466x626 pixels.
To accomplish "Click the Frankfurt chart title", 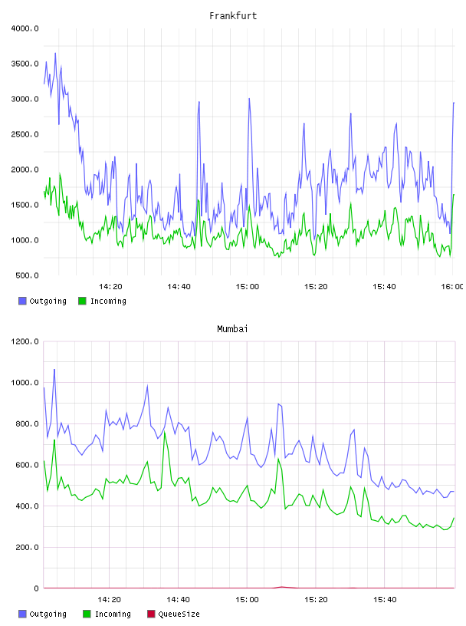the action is point(233,16).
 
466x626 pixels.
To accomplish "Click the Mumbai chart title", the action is point(232,329).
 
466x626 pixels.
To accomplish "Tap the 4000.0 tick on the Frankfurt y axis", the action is point(25,28).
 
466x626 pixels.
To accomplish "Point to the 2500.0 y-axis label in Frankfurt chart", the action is point(25,134).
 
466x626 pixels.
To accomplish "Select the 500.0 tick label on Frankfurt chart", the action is point(27,275).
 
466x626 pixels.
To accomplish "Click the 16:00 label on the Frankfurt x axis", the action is point(452,287).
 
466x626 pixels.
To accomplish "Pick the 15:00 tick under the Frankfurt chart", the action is point(248,287).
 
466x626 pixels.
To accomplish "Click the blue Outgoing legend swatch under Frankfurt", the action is point(22,301).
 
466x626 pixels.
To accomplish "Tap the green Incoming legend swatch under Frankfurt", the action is point(82,301).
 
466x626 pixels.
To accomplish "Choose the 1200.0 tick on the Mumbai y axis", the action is point(25,341).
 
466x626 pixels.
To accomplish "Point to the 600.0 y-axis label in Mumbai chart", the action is point(27,465).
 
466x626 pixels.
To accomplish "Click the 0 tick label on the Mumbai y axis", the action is point(36,588).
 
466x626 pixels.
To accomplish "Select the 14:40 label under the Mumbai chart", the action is point(178,600).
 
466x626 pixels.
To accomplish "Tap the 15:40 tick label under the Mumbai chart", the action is point(385,600).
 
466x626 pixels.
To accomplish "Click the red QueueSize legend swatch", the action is point(151,614).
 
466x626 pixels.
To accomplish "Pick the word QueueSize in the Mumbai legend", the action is point(179,614).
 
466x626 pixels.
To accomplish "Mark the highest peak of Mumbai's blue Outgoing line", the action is point(54,370).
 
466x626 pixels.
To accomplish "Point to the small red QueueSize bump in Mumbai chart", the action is point(282,587).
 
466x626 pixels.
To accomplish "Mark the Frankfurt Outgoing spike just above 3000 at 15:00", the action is point(249,99).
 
